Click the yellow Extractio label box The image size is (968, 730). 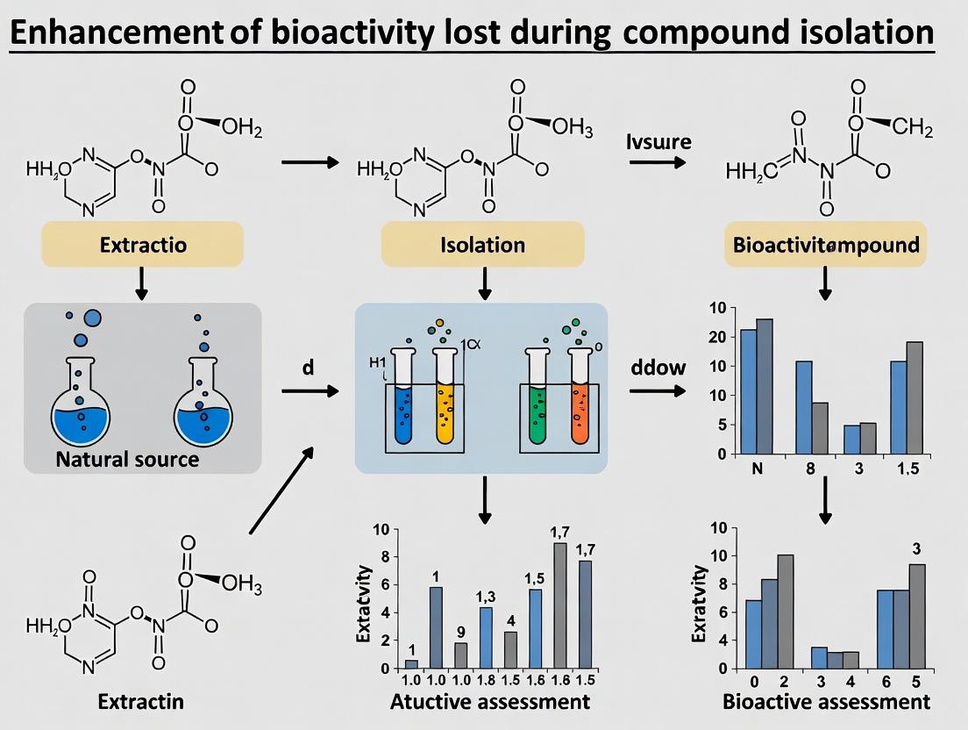click(142, 244)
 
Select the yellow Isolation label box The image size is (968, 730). click(482, 244)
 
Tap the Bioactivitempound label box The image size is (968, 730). click(825, 244)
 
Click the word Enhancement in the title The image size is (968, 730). click(117, 32)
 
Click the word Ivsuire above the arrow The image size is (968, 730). click(659, 141)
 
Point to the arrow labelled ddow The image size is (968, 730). click(658, 390)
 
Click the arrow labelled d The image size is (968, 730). click(309, 390)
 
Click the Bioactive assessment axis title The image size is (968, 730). click(826, 702)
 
